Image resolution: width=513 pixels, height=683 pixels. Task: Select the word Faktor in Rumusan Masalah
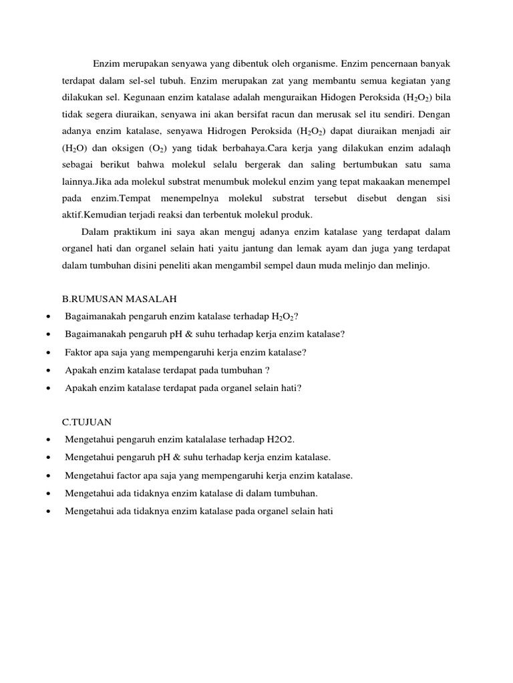click(x=79, y=352)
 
